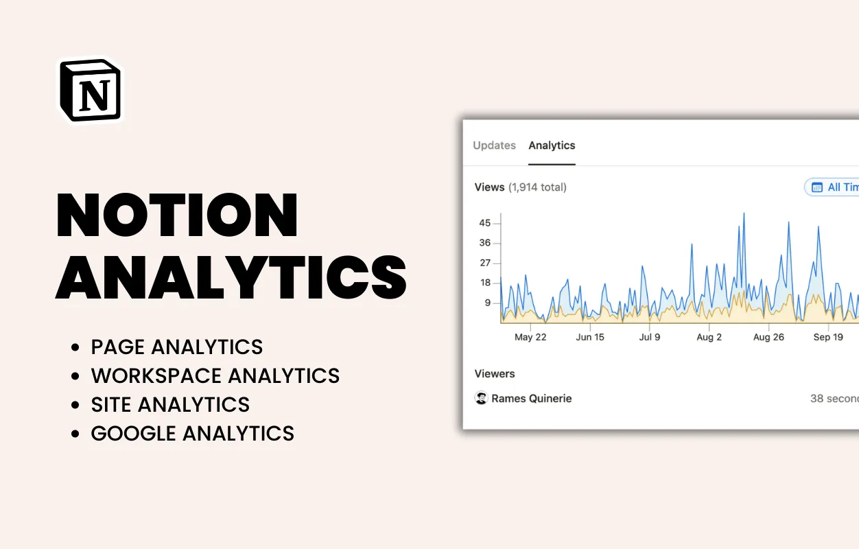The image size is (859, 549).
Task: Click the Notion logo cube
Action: pos(91,91)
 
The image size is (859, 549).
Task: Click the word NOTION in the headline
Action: pos(177,215)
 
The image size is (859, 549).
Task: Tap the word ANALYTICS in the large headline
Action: pos(231,277)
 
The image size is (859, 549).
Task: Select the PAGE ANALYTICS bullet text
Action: pos(177,347)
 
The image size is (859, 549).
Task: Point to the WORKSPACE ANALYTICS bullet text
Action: pos(215,376)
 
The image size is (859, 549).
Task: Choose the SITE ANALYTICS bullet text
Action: pos(170,405)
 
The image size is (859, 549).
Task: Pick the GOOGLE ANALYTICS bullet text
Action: pos(193,434)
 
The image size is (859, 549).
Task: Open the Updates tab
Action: pos(494,145)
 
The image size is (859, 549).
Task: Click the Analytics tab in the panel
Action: pos(552,145)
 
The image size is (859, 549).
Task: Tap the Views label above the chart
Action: pos(489,187)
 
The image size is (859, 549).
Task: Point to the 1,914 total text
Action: pos(537,187)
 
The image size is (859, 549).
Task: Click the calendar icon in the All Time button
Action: pos(817,187)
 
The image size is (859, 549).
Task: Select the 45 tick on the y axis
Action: pos(485,223)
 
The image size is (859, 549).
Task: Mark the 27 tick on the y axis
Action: pos(485,263)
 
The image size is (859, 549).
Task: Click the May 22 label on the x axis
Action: pos(530,337)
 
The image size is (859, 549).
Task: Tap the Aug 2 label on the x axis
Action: pos(709,337)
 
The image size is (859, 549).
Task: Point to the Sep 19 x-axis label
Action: pos(828,337)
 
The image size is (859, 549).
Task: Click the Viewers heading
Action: pos(495,374)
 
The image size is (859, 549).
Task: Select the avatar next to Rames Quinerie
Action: pos(482,398)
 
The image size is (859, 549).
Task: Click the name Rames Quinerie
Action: pos(531,399)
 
